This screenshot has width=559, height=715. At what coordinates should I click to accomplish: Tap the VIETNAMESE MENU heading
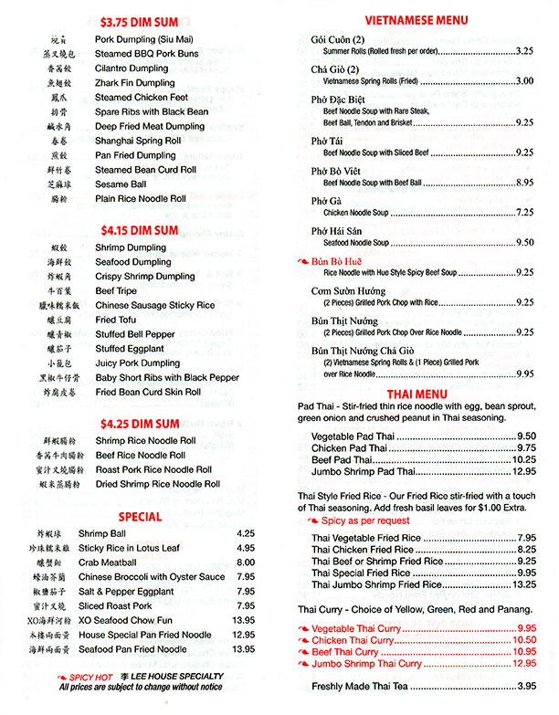416,20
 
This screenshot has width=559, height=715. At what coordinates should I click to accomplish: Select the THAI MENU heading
416,394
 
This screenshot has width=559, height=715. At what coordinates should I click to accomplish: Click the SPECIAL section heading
140,515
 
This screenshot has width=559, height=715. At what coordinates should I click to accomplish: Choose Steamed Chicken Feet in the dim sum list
142,98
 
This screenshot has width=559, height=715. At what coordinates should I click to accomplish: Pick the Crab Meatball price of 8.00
244,563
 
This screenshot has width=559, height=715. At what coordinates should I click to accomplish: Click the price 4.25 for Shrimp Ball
244,533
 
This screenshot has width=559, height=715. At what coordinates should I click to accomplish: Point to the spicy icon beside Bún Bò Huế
302,260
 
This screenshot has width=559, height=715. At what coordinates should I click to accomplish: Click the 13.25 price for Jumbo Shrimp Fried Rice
523,584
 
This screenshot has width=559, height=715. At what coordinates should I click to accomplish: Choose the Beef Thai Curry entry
345,652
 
